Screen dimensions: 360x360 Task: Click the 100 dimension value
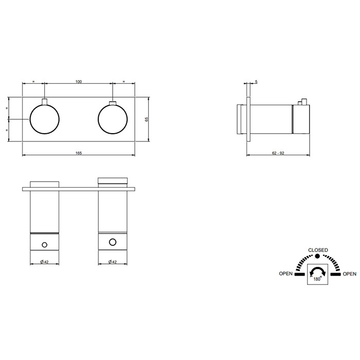click(x=79, y=81)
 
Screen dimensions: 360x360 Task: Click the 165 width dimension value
click(x=79, y=153)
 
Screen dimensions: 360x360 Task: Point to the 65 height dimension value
click(x=147, y=119)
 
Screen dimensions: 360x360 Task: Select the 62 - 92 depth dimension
click(x=278, y=153)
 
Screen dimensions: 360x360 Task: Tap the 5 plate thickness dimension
click(x=256, y=82)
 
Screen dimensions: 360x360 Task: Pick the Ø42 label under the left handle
click(x=44, y=262)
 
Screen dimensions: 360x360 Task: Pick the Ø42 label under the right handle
click(x=113, y=262)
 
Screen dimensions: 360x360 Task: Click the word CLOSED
click(x=318, y=250)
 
